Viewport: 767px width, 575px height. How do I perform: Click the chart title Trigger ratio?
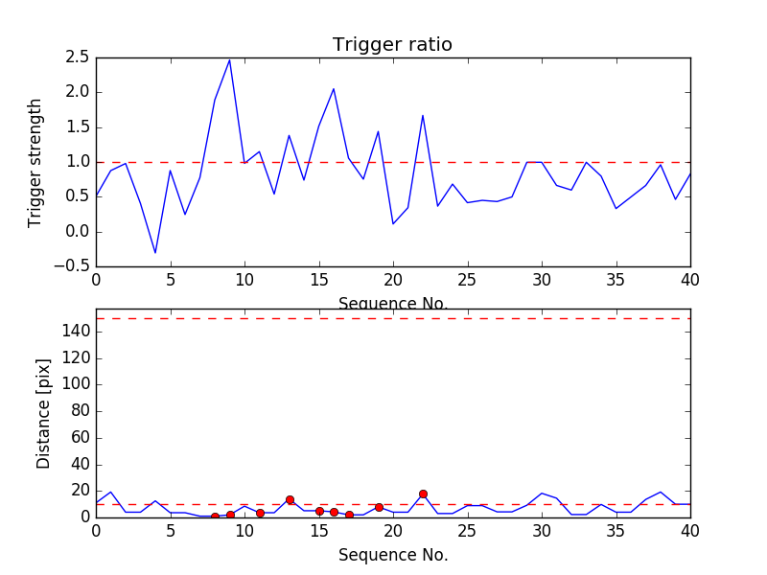[x=392, y=45]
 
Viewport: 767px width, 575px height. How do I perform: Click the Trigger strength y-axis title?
[x=35, y=162]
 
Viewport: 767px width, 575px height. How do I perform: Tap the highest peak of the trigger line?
[x=229, y=59]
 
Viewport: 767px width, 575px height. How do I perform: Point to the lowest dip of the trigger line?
[x=155, y=253]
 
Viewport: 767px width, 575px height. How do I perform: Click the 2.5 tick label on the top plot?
[x=77, y=57]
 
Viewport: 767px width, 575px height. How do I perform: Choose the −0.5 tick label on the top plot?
[x=72, y=266]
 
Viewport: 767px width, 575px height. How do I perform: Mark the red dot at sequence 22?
[x=423, y=494]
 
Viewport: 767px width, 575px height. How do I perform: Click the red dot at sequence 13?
[x=290, y=499]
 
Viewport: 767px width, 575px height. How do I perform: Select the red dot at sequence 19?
[x=379, y=507]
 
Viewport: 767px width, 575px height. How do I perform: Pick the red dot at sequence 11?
[x=260, y=513]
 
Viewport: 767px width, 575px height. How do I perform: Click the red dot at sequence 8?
[x=215, y=517]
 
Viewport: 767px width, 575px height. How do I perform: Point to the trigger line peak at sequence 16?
[x=334, y=89]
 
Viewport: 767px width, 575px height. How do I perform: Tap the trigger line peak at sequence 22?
[x=423, y=115]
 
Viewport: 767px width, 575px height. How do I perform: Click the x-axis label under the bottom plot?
[x=392, y=555]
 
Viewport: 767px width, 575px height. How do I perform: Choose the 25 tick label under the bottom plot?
[x=467, y=533]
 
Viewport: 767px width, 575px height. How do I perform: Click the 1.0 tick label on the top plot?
[x=77, y=162]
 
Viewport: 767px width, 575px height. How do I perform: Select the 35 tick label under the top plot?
[x=616, y=282]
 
